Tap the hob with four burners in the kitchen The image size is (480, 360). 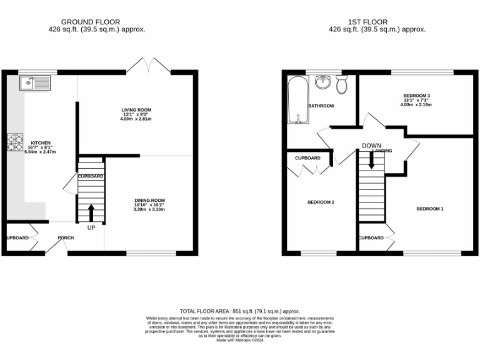14,144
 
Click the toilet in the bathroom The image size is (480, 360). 342,84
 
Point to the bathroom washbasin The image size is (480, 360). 322,82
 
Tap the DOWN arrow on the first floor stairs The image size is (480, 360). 372,160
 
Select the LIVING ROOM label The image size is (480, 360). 136,110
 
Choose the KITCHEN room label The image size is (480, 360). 41,142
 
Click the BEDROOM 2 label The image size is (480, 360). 321,202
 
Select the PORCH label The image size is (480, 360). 66,237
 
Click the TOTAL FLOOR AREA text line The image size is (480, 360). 239,311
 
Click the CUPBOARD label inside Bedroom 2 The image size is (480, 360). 307,158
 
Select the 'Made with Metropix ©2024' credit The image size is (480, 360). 239,340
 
